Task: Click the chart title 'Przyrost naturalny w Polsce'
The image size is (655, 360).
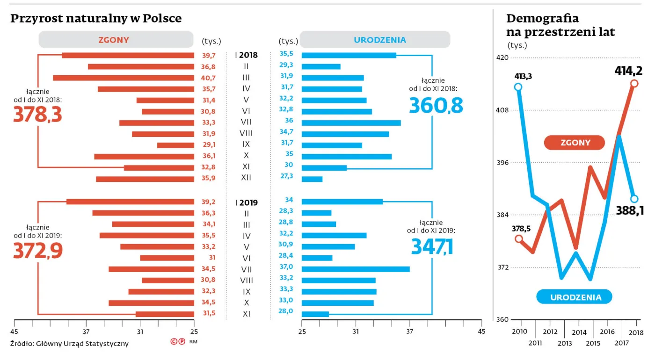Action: tap(96, 18)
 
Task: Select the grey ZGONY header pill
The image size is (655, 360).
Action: tap(116, 40)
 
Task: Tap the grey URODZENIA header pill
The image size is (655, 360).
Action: tap(375, 40)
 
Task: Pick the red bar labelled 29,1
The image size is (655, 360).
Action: tap(175, 145)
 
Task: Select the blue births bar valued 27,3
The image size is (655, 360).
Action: tap(312, 179)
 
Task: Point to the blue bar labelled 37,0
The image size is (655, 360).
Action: tap(356, 269)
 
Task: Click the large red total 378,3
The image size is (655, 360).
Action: tap(37, 115)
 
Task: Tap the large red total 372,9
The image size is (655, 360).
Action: tap(37, 251)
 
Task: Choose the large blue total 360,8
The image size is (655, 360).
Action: tap(436, 106)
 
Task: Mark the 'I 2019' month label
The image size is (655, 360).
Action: tap(246, 203)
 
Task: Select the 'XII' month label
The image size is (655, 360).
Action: tap(246, 178)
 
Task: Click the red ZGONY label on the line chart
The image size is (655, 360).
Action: tap(575, 143)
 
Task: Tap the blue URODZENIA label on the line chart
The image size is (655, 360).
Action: tap(575, 297)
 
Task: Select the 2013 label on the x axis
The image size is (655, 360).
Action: tap(565, 343)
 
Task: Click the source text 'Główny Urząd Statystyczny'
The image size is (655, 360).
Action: tap(82, 344)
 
